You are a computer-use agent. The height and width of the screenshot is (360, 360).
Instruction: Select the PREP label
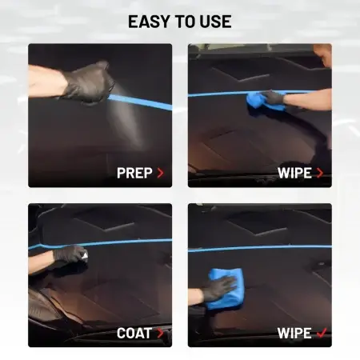[134, 173]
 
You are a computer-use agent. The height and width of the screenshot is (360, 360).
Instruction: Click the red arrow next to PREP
[160, 173]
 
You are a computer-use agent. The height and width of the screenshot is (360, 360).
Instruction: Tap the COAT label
[134, 334]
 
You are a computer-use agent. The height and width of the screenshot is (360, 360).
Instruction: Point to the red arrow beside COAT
[160, 334]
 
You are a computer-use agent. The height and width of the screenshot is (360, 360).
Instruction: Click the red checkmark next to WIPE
[322, 333]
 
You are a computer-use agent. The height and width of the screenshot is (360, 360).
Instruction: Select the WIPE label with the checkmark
[294, 334]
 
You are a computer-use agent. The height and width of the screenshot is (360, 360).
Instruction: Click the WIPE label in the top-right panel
[294, 173]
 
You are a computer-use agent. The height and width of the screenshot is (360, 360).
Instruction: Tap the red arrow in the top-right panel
[320, 173]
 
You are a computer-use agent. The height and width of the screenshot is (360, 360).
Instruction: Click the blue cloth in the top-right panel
[262, 102]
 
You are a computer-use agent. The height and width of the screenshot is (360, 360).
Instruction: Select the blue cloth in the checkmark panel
[225, 289]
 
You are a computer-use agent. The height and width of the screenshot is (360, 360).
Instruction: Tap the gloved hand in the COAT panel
[70, 255]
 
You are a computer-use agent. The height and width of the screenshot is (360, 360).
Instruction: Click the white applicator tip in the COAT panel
[85, 255]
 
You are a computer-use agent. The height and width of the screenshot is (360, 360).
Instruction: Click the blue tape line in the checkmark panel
[260, 248]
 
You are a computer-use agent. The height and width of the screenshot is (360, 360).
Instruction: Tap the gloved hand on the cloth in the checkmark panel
[218, 289]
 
